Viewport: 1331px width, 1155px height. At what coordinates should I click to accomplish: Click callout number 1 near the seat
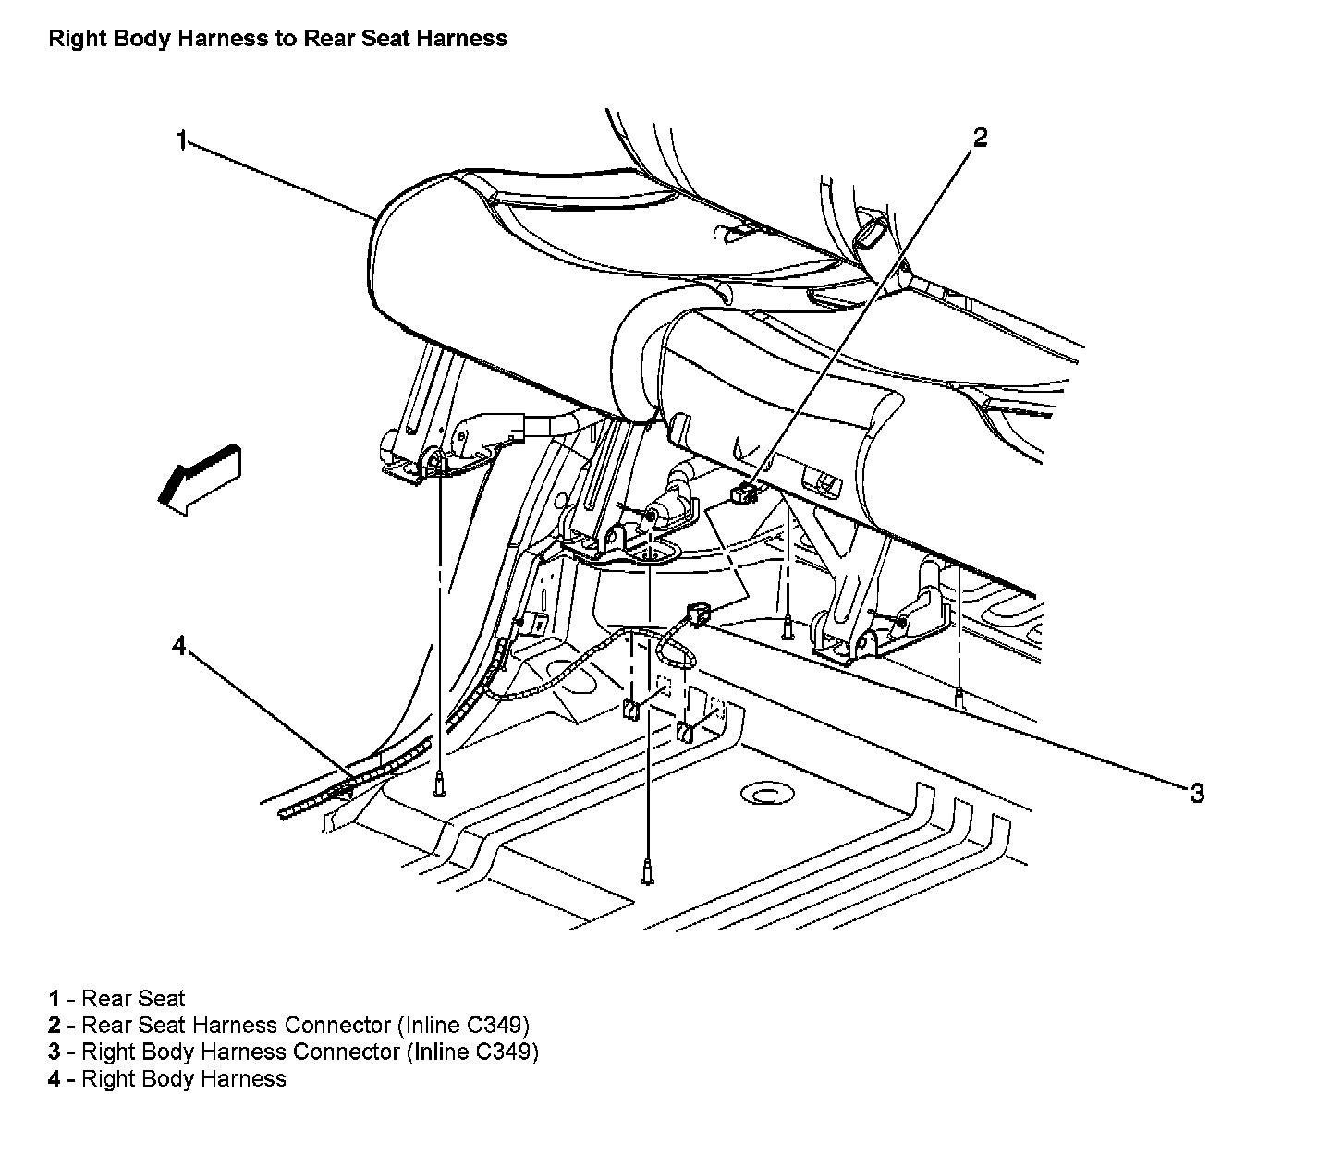[182, 140]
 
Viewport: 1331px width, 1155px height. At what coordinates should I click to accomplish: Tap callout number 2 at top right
[980, 138]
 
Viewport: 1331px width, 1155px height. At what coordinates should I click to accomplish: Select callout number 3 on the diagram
[1196, 793]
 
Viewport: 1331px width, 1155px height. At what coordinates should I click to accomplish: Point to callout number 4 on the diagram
[179, 646]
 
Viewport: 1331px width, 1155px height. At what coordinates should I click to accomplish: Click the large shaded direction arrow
[198, 477]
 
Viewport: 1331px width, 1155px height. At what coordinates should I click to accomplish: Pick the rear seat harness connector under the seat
[742, 494]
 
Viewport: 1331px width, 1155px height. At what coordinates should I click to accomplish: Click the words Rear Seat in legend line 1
[133, 998]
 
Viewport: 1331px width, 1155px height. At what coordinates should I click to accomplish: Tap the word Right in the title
[72, 39]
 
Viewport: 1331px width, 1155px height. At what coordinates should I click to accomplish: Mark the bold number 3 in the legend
[55, 1052]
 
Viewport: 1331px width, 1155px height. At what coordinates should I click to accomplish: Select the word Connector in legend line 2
[337, 1025]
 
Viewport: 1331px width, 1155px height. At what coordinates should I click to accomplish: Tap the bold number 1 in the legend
[55, 998]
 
